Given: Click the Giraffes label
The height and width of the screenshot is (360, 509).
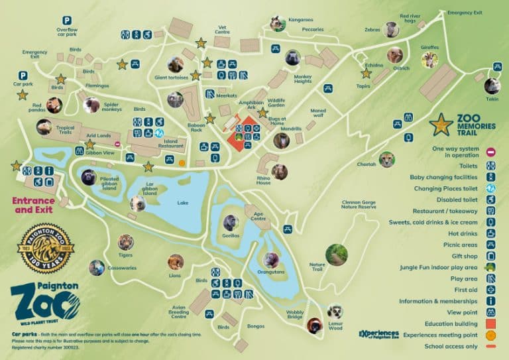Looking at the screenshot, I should (429, 48).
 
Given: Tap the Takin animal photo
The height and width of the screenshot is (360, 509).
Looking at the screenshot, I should (492, 86).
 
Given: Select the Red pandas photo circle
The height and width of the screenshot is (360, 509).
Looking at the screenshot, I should (54, 105).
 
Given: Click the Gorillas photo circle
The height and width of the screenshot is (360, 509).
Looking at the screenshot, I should (231, 223).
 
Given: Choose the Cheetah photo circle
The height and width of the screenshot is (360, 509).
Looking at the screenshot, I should (387, 159).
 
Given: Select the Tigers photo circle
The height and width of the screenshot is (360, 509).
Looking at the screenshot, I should (125, 243).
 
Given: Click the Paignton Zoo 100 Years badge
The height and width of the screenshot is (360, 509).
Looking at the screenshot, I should (45, 248).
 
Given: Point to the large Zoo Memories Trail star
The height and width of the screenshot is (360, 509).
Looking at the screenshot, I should (441, 124).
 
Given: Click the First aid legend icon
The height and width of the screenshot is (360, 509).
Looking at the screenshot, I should (490, 290).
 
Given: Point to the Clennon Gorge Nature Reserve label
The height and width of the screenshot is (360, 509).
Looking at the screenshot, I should (359, 204).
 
